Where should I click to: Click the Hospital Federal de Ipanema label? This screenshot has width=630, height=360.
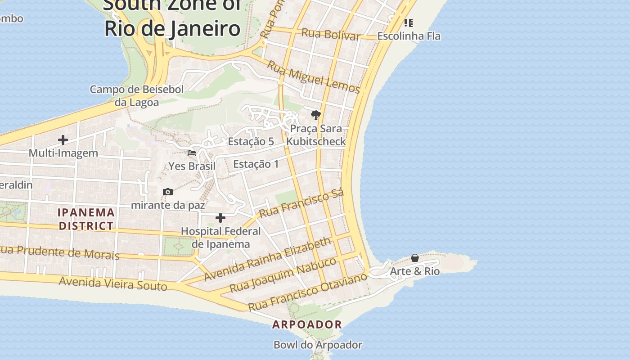pyautogui.click(x=220, y=238)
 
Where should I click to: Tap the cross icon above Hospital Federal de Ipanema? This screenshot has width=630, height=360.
pyautogui.click(x=220, y=218)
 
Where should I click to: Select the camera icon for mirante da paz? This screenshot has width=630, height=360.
pyautogui.click(x=168, y=192)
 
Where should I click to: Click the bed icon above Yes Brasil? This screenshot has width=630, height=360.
pyautogui.click(x=192, y=153)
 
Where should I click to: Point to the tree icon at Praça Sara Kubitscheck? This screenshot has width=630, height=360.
pyautogui.click(x=316, y=115)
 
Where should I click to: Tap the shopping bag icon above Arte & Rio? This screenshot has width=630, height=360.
pyautogui.click(x=415, y=258)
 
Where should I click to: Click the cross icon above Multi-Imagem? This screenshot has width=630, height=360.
pyautogui.click(x=63, y=140)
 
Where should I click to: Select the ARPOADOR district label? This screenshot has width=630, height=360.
pyautogui.click(x=307, y=324)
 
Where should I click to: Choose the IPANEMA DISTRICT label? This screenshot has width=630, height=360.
pyautogui.click(x=86, y=219)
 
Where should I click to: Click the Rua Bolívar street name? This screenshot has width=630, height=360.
pyautogui.click(x=331, y=34)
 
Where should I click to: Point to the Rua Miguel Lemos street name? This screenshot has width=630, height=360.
pyautogui.click(x=314, y=77)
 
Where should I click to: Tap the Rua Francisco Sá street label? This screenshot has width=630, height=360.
pyautogui.click(x=301, y=203)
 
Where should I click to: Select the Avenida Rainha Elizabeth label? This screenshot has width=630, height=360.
pyautogui.click(x=267, y=260)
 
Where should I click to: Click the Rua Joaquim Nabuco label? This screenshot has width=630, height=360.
pyautogui.click(x=283, y=274)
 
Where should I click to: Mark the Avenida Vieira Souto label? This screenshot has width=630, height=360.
pyautogui.click(x=113, y=283)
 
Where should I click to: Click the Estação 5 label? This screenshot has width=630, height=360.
pyautogui.click(x=251, y=141)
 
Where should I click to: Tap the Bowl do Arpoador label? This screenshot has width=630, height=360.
pyautogui.click(x=318, y=345)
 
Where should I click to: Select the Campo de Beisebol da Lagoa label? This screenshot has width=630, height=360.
pyautogui.click(x=137, y=96)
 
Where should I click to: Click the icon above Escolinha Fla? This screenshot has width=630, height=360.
pyautogui.click(x=408, y=22)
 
